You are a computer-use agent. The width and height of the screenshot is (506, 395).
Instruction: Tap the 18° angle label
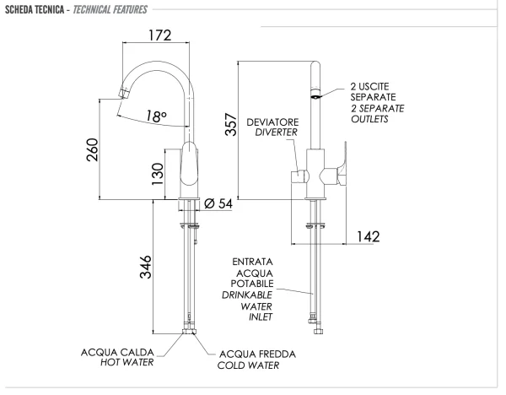click(154, 116)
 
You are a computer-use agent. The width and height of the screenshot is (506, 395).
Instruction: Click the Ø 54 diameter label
click(219, 203)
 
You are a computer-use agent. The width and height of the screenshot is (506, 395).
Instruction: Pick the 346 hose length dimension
click(146, 270)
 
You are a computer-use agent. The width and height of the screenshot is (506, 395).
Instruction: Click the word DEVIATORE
click(272, 122)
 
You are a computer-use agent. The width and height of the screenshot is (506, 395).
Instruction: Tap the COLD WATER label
click(248, 365)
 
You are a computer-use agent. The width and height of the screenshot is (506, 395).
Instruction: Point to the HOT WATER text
click(126, 363)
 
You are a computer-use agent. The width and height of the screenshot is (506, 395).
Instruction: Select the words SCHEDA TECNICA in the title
click(35, 9)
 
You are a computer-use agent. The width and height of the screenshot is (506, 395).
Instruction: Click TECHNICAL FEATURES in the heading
click(108, 9)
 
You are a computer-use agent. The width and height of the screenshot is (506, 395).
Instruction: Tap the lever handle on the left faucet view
click(191, 169)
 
